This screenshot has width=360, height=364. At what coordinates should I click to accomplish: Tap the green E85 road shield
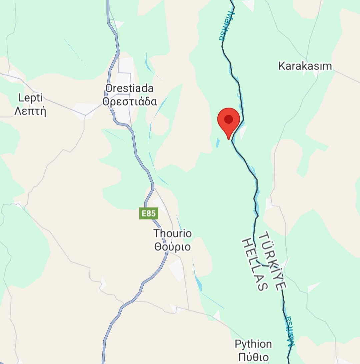click(148, 213)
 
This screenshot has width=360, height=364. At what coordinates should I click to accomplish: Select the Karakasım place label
click(305, 66)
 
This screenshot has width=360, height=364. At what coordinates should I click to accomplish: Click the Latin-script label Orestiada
click(129, 88)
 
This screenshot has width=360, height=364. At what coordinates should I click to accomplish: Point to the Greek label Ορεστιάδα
click(129, 101)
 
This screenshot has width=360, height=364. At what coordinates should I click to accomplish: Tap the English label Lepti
click(31, 98)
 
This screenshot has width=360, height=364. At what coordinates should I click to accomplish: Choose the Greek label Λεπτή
click(30, 111)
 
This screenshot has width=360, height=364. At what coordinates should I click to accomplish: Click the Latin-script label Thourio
click(172, 233)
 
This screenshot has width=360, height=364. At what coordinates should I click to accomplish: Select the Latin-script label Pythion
click(253, 344)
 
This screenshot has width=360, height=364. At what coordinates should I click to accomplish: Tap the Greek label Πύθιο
click(253, 357)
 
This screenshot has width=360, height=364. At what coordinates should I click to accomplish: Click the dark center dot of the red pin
click(229, 119)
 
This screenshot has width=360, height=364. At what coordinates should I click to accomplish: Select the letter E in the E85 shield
click(144, 213)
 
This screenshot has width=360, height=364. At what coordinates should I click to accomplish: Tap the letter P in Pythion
click(238, 344)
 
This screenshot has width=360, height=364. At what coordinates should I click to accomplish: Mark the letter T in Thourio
click(156, 233)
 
